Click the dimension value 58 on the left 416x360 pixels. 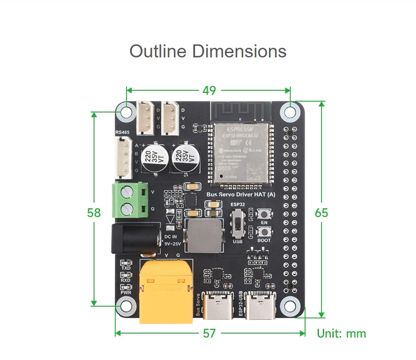(x=94, y=212)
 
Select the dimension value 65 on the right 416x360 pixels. (x=321, y=212)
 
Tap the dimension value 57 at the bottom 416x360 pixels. (x=209, y=333)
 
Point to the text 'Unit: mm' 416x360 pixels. (x=341, y=333)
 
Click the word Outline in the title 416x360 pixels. (x=158, y=52)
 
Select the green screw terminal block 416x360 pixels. (x=130, y=200)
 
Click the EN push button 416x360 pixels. (x=264, y=214)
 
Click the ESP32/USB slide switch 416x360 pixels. (x=238, y=223)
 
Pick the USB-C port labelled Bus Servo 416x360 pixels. (x=220, y=306)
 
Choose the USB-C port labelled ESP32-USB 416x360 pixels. (x=260, y=306)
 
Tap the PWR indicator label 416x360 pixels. (x=126, y=292)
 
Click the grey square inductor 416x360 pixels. (x=204, y=236)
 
